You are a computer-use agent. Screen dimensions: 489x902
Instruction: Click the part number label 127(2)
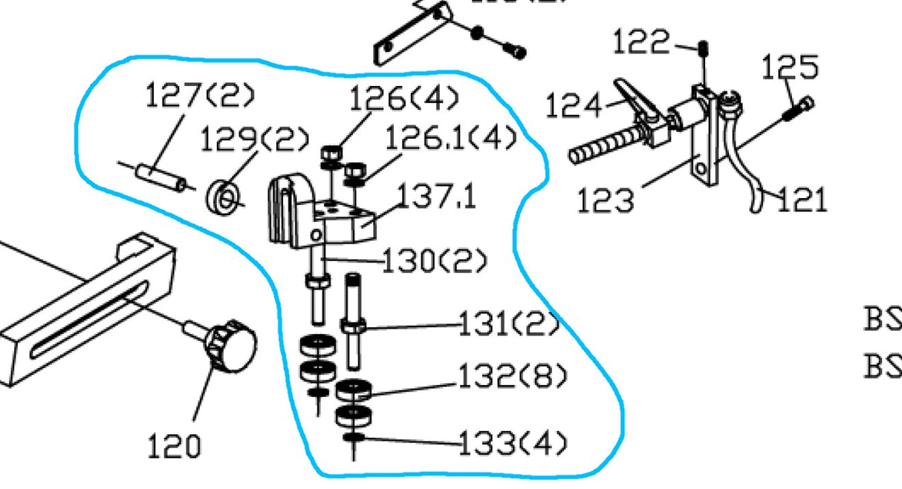[200, 96]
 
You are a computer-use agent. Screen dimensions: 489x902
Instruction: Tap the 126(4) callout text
[404, 98]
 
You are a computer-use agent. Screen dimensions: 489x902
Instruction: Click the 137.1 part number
[436, 197]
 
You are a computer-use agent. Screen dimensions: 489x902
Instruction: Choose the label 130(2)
[435, 261]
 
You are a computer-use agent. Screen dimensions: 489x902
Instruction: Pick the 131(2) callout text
[508, 325]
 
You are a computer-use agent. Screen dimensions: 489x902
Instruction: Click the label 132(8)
[513, 378]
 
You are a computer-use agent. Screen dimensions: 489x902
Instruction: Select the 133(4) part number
[513, 444]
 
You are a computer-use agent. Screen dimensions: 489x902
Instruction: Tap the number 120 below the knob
[174, 447]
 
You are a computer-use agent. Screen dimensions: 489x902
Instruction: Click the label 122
[641, 43]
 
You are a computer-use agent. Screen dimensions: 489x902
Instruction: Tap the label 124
[574, 106]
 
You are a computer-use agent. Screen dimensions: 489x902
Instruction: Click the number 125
[790, 68]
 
